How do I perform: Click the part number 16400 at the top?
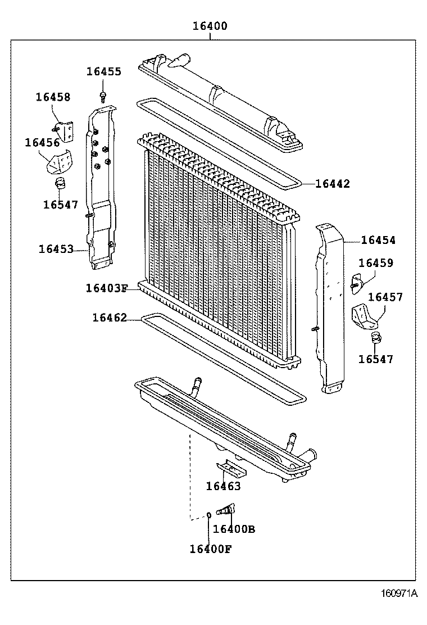pyautogui.click(x=210, y=26)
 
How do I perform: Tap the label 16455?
pyautogui.click(x=103, y=71)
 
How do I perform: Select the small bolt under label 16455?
pyautogui.click(x=103, y=94)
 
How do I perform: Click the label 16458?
pyautogui.click(x=53, y=97)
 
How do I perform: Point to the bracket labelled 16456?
pyautogui.click(x=59, y=161)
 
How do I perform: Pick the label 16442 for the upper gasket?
pyautogui.click(x=332, y=184)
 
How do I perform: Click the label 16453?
pyautogui.click(x=56, y=248)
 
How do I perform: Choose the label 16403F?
pyautogui.click(x=107, y=288)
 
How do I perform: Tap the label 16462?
pyautogui.click(x=110, y=318)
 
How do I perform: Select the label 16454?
pyautogui.click(x=378, y=240)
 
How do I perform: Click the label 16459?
pyautogui.click(x=376, y=263)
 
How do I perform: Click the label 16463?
pyautogui.click(x=223, y=486)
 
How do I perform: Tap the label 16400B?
pyautogui.click(x=234, y=529)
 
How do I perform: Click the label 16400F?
pyautogui.click(x=210, y=549)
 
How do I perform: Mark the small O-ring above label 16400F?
pyautogui.click(x=208, y=514)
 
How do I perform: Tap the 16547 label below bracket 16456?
pyautogui.click(x=61, y=205)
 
